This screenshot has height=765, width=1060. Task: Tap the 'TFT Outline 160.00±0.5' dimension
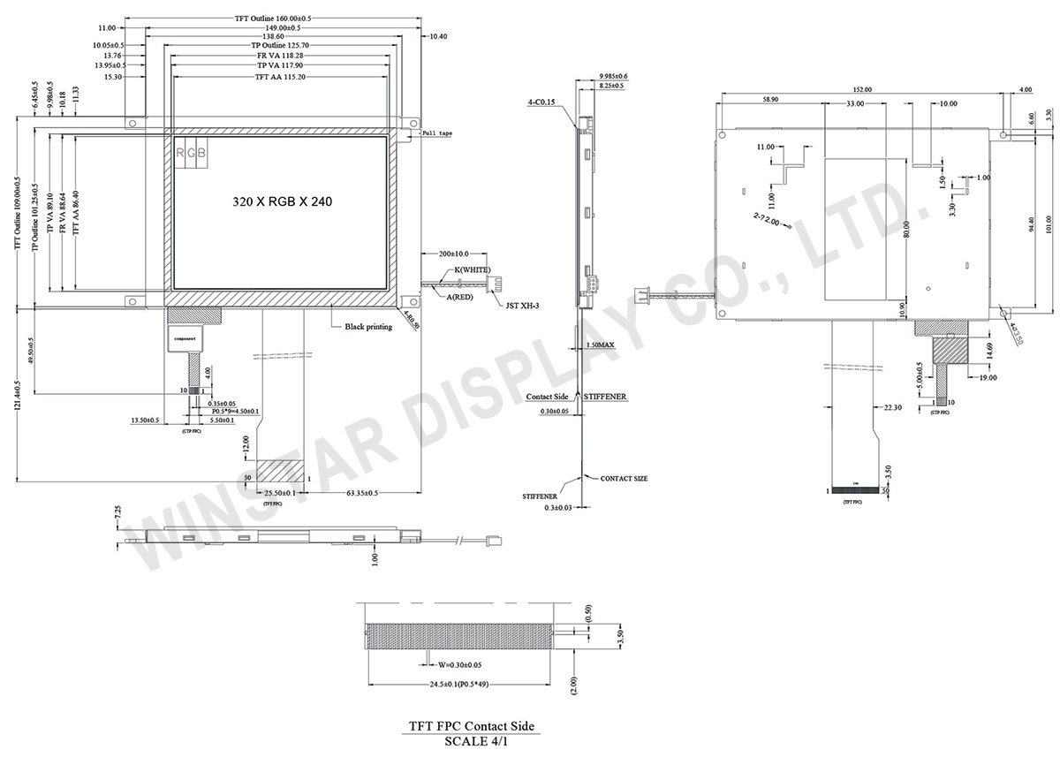(275, 18)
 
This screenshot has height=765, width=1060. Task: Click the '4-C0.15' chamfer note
(541, 102)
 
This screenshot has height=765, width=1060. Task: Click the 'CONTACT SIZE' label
(624, 478)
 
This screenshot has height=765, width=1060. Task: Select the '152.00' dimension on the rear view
(863, 89)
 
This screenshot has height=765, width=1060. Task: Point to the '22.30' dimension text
(893, 408)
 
